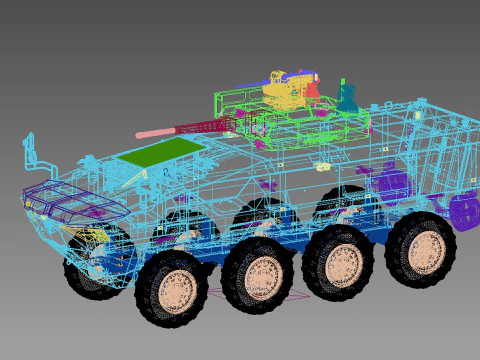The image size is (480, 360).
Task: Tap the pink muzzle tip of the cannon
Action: pyautogui.click(x=142, y=134)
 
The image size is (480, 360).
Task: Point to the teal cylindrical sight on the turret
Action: pyautogui.click(x=347, y=96)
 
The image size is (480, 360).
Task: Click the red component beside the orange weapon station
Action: pyautogui.click(x=313, y=89)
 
